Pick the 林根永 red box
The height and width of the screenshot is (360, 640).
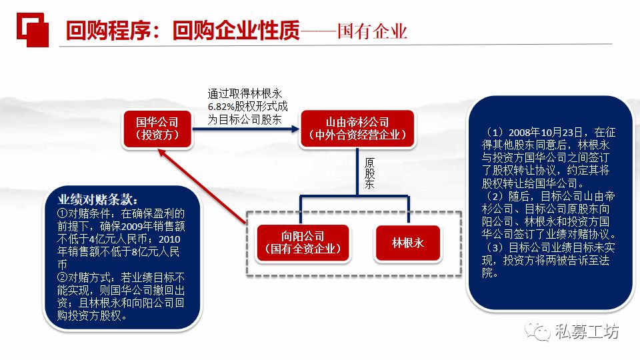click(x=409, y=243)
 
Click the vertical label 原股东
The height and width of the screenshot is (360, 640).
click(x=369, y=173)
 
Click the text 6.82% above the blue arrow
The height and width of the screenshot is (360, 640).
click(x=221, y=107)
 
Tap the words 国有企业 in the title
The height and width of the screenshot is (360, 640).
click(x=372, y=32)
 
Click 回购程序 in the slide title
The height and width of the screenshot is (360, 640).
click(x=107, y=31)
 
